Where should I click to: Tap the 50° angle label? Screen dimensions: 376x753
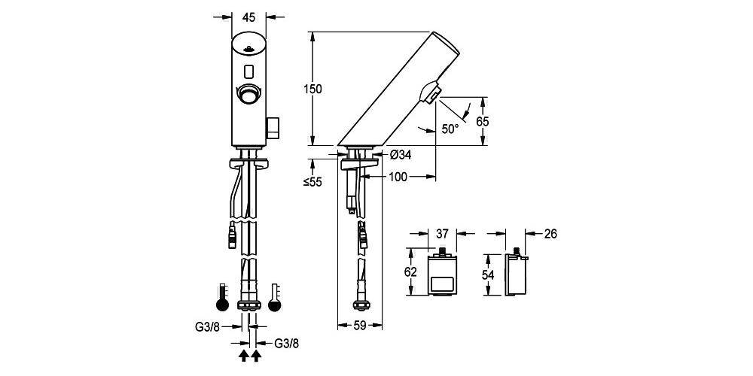click(x=450, y=129)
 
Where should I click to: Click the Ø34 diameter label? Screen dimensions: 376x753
click(x=401, y=156)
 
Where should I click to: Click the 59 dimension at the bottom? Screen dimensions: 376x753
click(x=360, y=326)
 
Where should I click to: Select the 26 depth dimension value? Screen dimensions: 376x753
click(x=550, y=234)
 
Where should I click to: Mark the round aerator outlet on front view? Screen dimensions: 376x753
click(x=249, y=95)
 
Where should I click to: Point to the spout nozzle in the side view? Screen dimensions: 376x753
click(x=431, y=93)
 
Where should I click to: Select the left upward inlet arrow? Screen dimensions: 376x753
click(x=244, y=354)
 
